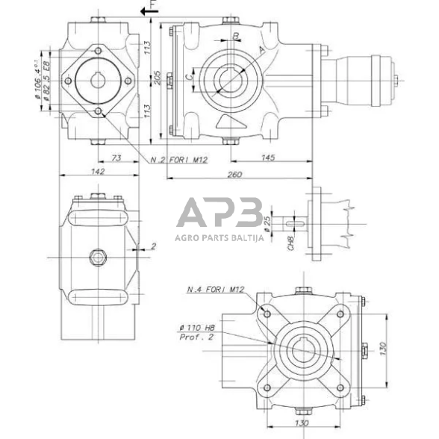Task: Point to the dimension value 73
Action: click(116, 157)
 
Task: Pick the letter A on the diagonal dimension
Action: click(261, 49)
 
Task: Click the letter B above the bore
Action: click(236, 35)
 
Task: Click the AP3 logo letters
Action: click(218, 214)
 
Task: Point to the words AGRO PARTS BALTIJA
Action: click(218, 238)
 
